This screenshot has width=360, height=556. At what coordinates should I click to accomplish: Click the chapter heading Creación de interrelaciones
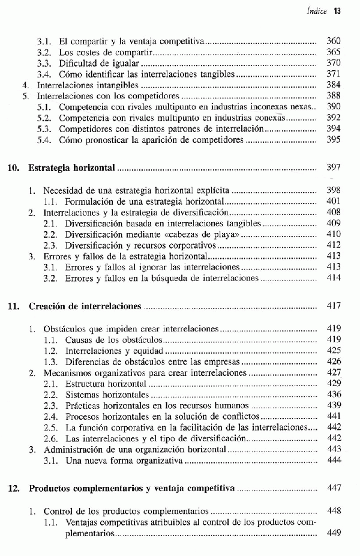(85, 306)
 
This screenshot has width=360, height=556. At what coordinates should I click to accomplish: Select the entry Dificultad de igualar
(100, 64)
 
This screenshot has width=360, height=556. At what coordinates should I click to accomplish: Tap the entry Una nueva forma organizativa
(120, 460)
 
